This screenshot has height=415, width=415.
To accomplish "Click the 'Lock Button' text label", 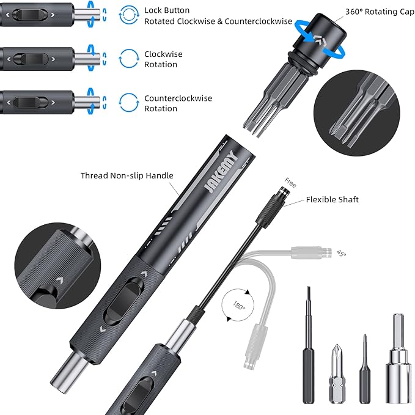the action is (x=167, y=10).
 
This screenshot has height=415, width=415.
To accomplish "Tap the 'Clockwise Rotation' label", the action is (x=163, y=59).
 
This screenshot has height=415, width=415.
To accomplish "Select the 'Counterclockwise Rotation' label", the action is (x=178, y=103).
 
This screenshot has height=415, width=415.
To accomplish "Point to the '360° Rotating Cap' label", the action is (x=380, y=12).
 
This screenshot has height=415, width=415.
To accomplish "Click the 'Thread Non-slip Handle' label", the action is (x=127, y=175).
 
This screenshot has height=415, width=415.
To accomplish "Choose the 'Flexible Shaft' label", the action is (x=332, y=200).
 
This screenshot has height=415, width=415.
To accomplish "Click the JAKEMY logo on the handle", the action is (x=221, y=172).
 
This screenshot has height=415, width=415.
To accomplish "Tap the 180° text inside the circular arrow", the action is (x=239, y=306).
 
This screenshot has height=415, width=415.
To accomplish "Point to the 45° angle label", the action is (x=342, y=254).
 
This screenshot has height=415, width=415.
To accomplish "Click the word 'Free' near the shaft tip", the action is (x=290, y=183).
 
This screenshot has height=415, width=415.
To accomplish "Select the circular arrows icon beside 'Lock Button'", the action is (x=129, y=15).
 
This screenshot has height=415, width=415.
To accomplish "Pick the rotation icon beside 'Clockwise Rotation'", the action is (x=129, y=59).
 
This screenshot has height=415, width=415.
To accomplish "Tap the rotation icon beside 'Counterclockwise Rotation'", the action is (x=129, y=103).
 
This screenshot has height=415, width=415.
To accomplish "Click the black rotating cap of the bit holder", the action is (x=321, y=40).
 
